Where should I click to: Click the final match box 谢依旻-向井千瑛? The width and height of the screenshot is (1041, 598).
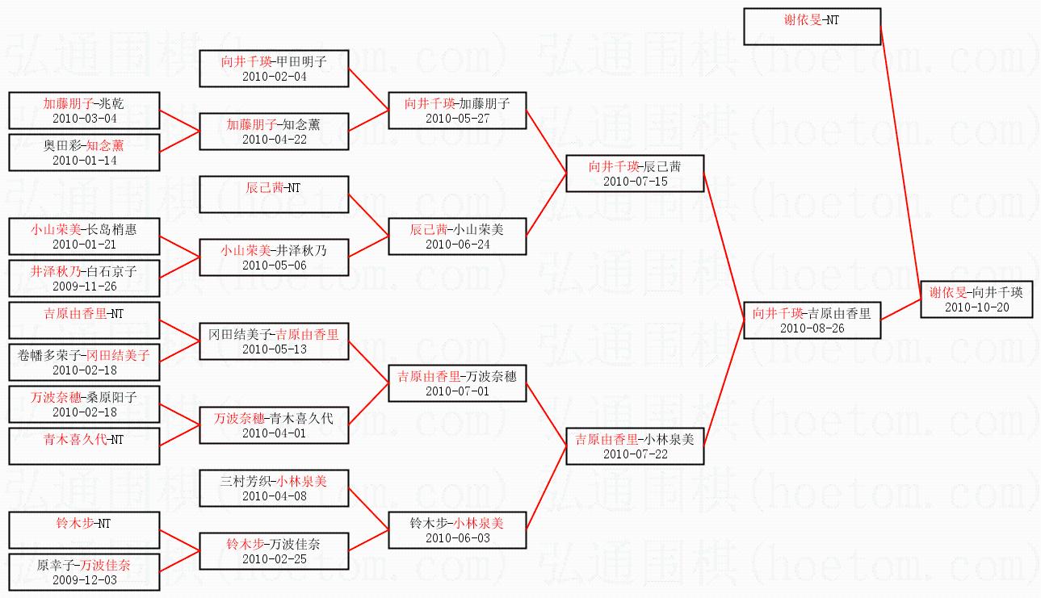pyautogui.click(x=976, y=299)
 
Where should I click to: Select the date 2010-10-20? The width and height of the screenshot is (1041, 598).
pyautogui.click(x=976, y=307)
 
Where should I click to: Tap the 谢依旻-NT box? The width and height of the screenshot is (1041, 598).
pyautogui.click(x=812, y=27)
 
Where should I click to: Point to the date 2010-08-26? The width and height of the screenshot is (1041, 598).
pyautogui.click(x=812, y=328)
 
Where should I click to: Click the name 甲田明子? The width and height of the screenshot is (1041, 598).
pyautogui.click(x=301, y=61)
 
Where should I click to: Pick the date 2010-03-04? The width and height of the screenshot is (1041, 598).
pyautogui.click(x=84, y=118)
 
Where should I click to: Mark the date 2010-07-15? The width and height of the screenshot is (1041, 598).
pyautogui.click(x=635, y=181)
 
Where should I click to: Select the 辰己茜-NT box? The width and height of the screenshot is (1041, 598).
pyautogui.click(x=274, y=194)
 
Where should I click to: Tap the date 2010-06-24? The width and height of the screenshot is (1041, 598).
pyautogui.click(x=457, y=245)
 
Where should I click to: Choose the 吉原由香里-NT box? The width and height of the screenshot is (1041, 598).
pyautogui.click(x=84, y=320)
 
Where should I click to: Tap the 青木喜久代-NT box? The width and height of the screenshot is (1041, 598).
pyautogui.click(x=84, y=446)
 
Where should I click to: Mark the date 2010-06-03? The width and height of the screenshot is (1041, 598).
pyautogui.click(x=457, y=537)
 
